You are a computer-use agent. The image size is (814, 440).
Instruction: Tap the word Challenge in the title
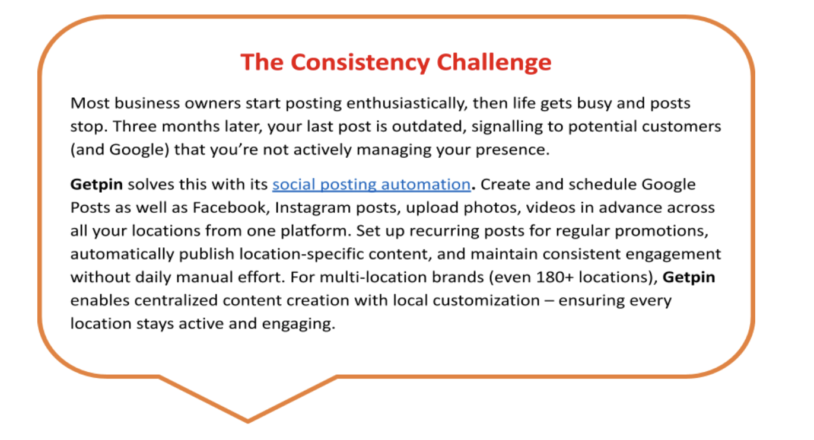pyautogui.click(x=494, y=62)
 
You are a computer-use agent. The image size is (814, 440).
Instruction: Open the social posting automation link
pyautogui.click(x=371, y=184)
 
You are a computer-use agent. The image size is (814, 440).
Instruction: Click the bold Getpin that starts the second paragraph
pyautogui.click(x=96, y=184)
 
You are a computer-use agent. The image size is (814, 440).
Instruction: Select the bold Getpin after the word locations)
pyautogui.click(x=689, y=278)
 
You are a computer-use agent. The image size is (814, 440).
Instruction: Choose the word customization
pyautogui.click(x=487, y=301)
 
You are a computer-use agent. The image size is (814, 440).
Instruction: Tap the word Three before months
pyautogui.click(x=135, y=126)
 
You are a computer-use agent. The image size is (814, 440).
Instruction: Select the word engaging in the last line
pyautogui.click(x=298, y=324)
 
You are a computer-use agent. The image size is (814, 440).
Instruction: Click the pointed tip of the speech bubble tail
pyautogui.click(x=248, y=422)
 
